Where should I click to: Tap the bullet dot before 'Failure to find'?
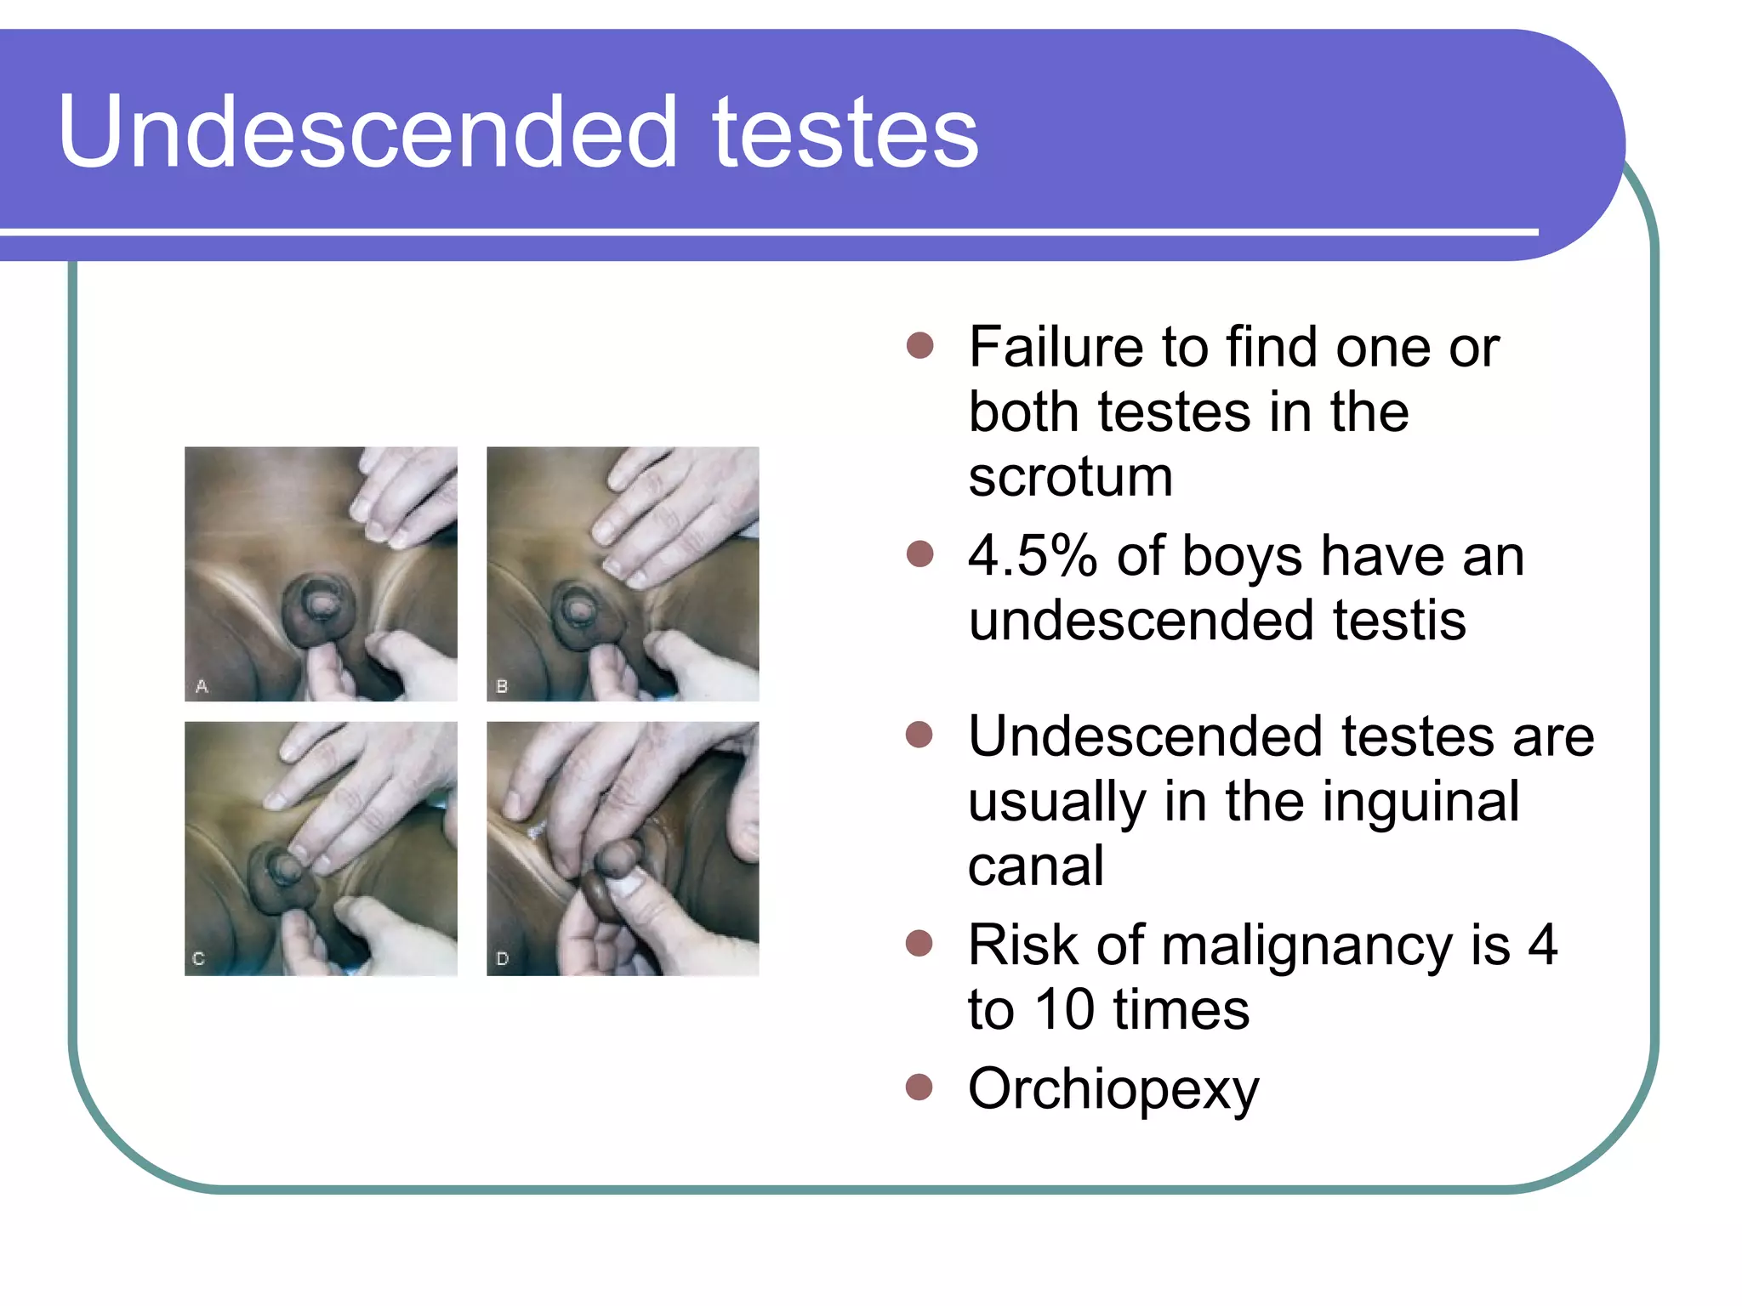(x=919, y=346)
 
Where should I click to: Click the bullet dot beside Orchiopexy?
(x=919, y=1087)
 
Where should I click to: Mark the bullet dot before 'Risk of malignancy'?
(x=919, y=943)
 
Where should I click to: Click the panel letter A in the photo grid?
(x=202, y=685)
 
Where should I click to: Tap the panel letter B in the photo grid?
(x=502, y=685)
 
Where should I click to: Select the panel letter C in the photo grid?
(x=199, y=958)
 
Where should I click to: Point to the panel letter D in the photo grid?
(x=502, y=958)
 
